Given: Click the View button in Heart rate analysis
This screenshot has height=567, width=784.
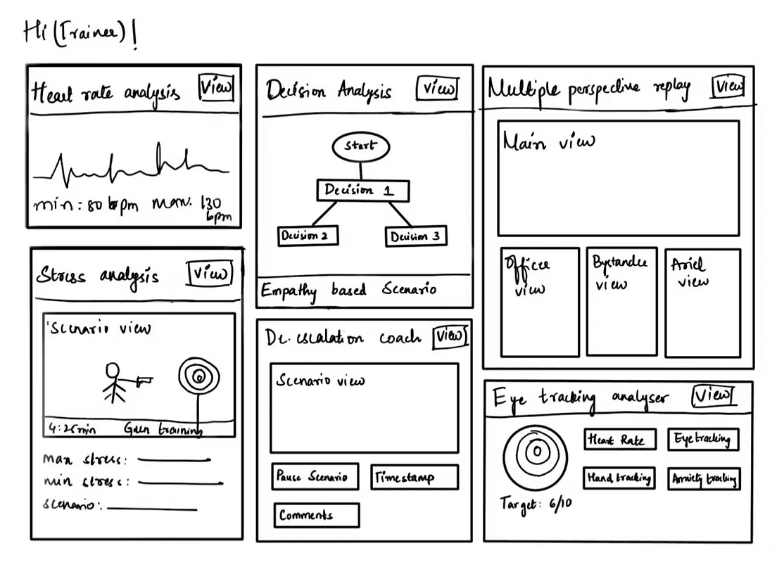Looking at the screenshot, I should [216, 88].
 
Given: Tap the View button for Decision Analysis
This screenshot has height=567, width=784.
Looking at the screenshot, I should [437, 89].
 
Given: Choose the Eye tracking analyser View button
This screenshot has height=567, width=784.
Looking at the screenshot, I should [712, 395].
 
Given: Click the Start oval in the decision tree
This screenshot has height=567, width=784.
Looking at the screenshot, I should [360, 146].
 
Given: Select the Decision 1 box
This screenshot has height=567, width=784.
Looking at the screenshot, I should [362, 191].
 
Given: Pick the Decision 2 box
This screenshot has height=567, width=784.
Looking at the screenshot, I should [308, 236].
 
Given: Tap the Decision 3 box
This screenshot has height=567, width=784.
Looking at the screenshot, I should [416, 236].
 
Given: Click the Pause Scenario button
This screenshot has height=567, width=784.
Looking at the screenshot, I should [315, 476].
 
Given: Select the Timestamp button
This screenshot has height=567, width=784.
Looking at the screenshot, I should [414, 477].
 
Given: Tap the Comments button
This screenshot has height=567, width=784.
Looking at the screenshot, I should [316, 515].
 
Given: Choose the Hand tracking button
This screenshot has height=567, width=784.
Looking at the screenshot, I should [619, 478].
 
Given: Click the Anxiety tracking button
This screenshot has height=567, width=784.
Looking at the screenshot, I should [704, 479].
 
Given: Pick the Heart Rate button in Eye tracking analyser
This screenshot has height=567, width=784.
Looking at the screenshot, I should [619, 440].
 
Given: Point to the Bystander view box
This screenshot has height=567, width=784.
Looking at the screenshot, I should [621, 301].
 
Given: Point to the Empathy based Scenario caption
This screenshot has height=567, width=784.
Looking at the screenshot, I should [349, 290].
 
